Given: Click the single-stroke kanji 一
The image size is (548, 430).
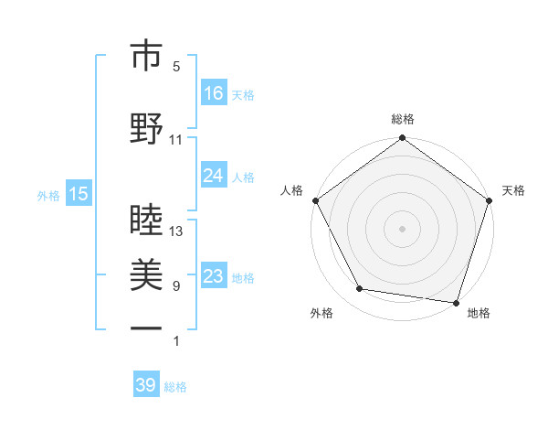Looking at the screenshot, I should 146,328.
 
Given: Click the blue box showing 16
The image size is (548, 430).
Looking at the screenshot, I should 214,92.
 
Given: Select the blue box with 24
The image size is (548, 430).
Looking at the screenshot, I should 214,176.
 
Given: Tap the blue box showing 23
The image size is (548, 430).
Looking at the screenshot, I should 214,276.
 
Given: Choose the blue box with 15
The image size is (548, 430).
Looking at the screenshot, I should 79,193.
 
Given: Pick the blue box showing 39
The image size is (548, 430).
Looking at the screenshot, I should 146,385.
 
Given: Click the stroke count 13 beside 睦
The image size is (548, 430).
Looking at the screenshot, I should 176,231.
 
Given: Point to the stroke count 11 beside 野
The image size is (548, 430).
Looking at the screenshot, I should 176,140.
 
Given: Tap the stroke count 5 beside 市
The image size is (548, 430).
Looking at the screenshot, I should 176,67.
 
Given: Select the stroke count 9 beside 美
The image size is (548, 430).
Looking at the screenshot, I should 176,286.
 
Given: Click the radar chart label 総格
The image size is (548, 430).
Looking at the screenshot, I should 402,120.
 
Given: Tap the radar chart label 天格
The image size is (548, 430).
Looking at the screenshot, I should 513,190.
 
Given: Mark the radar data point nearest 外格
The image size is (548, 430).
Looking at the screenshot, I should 360,289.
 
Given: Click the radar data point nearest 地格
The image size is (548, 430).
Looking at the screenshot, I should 456,302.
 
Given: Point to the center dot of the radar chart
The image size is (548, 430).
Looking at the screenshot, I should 402,228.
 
